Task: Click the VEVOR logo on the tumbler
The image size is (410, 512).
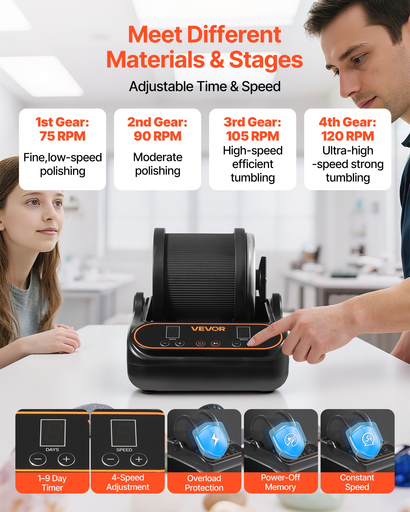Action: pos(208,329)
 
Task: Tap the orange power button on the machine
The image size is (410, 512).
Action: pos(201,343)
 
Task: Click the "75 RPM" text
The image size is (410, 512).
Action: pos(63,136)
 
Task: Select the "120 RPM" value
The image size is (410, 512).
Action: pos(347,136)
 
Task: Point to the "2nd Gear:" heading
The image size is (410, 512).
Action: pos(157,122)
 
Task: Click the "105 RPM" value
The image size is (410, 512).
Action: pos(252,136)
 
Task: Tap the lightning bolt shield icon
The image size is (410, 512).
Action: pos(215,439)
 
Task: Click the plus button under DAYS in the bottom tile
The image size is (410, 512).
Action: pos(66,459)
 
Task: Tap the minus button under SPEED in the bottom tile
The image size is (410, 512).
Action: pos(110,460)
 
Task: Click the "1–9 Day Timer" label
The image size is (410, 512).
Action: pos(52,483)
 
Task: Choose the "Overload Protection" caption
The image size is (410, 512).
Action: pos(204,483)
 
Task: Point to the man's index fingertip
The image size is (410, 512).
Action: pos(252,342)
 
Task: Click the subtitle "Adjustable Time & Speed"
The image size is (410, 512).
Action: pos(205,87)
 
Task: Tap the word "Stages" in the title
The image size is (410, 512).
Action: pos(266,60)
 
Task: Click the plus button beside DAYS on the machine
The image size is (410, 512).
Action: pos(180,343)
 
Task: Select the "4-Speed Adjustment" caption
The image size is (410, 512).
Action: pos(128,482)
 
